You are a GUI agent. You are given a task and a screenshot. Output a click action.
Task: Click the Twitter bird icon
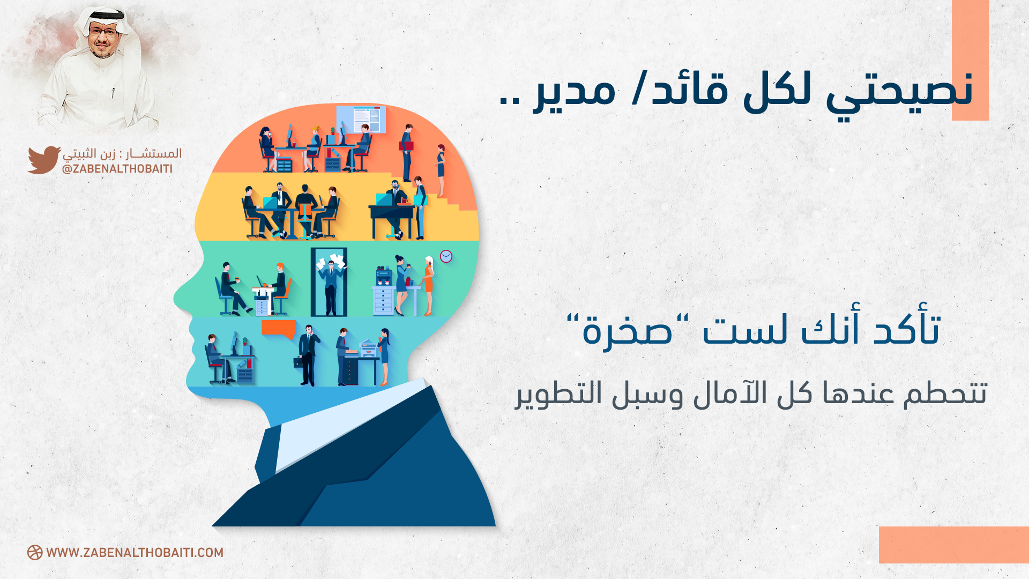[x=44, y=160]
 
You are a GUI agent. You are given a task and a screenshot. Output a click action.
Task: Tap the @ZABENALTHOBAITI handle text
[x=117, y=169]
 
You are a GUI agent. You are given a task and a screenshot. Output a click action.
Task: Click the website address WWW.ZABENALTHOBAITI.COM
[x=135, y=553]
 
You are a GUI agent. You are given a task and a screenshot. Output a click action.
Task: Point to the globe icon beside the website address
[x=35, y=553]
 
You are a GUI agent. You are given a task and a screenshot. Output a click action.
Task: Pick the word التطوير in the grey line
[x=560, y=394]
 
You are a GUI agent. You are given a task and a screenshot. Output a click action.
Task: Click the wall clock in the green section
[x=446, y=257]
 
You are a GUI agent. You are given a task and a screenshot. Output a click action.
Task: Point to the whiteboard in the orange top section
[x=361, y=119]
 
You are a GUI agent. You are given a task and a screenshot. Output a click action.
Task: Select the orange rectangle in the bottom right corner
[x=954, y=545]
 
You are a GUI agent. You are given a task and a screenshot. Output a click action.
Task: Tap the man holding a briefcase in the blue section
[x=308, y=355]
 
